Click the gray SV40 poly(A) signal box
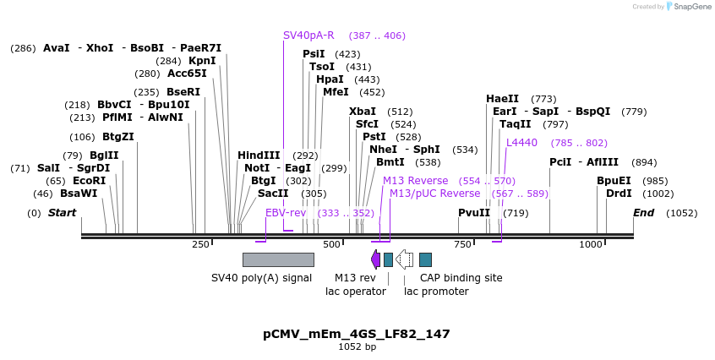point(278,259)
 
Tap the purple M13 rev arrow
point(375,259)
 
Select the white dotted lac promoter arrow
point(405,259)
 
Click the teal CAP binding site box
point(425,259)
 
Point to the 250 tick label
point(200,244)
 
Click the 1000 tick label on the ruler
point(590,244)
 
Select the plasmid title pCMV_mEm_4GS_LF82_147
point(357,334)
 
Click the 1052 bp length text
point(357,346)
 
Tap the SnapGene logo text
point(691,7)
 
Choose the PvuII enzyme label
point(474,212)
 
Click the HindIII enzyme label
point(259,155)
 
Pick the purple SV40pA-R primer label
point(308,35)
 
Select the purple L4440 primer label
point(521,142)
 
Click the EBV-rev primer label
point(286,212)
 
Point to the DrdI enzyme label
point(619,193)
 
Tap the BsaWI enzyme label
point(79,193)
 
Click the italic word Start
point(62,212)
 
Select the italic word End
point(643,212)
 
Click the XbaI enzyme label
point(363,111)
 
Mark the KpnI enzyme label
point(202,60)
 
